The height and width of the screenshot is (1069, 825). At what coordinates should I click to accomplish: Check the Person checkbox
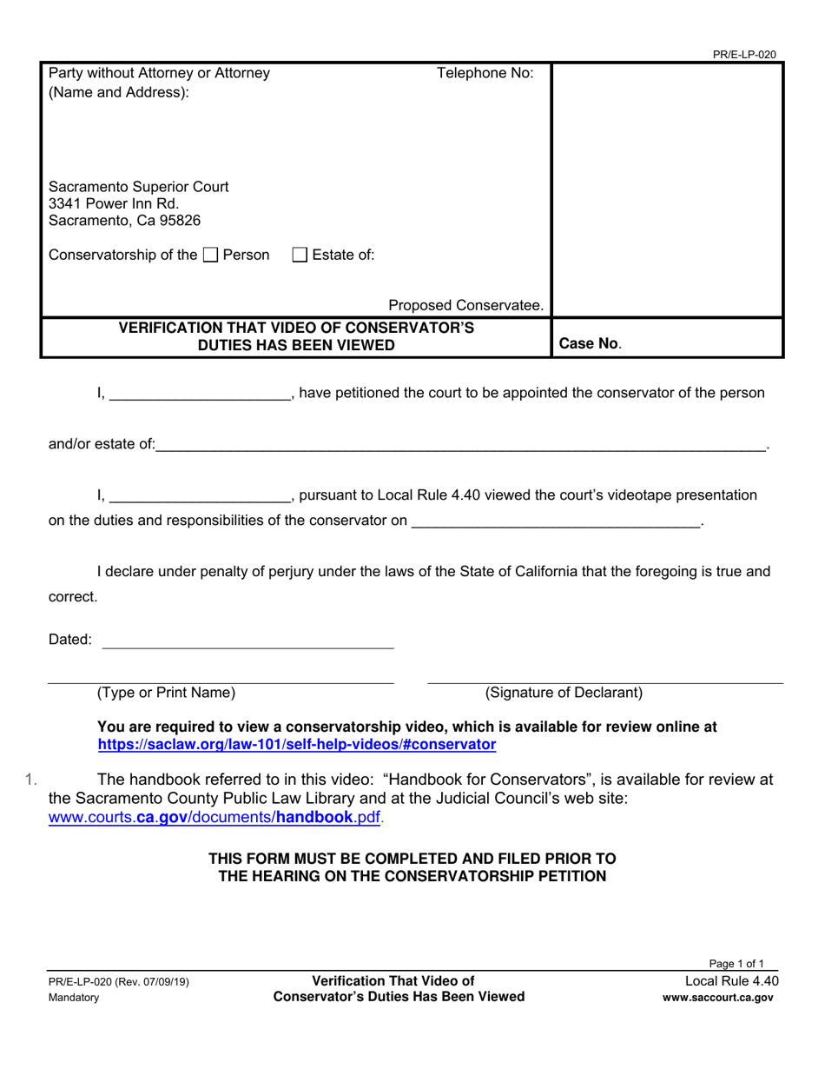[x=210, y=256]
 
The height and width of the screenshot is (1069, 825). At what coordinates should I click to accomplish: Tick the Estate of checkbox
[x=300, y=256]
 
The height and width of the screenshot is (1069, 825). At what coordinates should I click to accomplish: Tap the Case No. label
[x=590, y=343]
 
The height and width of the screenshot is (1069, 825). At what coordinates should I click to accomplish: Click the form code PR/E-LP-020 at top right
[x=744, y=54]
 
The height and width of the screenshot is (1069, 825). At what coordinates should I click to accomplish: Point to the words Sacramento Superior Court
[x=139, y=186]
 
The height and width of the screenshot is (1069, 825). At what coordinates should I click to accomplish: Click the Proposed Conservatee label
[x=465, y=305]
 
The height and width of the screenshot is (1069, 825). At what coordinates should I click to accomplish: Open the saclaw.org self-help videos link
[x=297, y=744]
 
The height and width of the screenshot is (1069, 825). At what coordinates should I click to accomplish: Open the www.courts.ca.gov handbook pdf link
[x=214, y=817]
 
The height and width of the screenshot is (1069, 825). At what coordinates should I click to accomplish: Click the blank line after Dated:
[x=247, y=641]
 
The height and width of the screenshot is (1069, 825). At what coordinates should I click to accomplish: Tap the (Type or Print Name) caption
[x=166, y=693]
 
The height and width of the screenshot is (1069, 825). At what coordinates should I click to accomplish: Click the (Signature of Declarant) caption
[x=564, y=693]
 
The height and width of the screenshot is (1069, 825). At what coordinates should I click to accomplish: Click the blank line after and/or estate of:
[x=460, y=445]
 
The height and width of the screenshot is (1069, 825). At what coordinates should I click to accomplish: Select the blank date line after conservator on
[x=556, y=521]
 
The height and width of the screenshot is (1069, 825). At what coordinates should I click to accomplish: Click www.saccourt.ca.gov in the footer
[x=717, y=998]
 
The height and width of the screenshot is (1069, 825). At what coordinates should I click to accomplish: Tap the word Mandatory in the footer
[x=74, y=998]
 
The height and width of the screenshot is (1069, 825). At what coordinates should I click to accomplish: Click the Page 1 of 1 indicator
[x=736, y=964]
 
